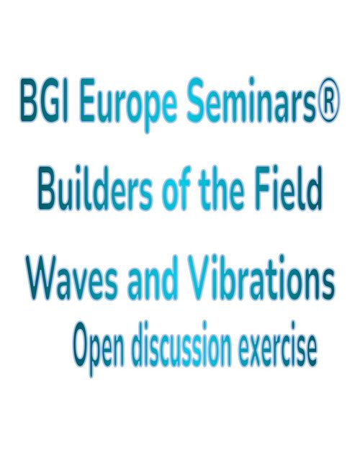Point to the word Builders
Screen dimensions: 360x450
click(x=94, y=189)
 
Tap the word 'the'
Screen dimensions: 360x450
click(x=220, y=189)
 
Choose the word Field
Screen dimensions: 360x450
click(x=288, y=188)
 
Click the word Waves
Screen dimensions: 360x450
click(x=72, y=277)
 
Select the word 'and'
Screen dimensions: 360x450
click(x=153, y=277)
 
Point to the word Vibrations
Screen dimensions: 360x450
click(x=261, y=276)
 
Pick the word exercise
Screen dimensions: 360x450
click(x=278, y=345)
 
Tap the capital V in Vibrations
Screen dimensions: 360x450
click(x=202, y=277)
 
